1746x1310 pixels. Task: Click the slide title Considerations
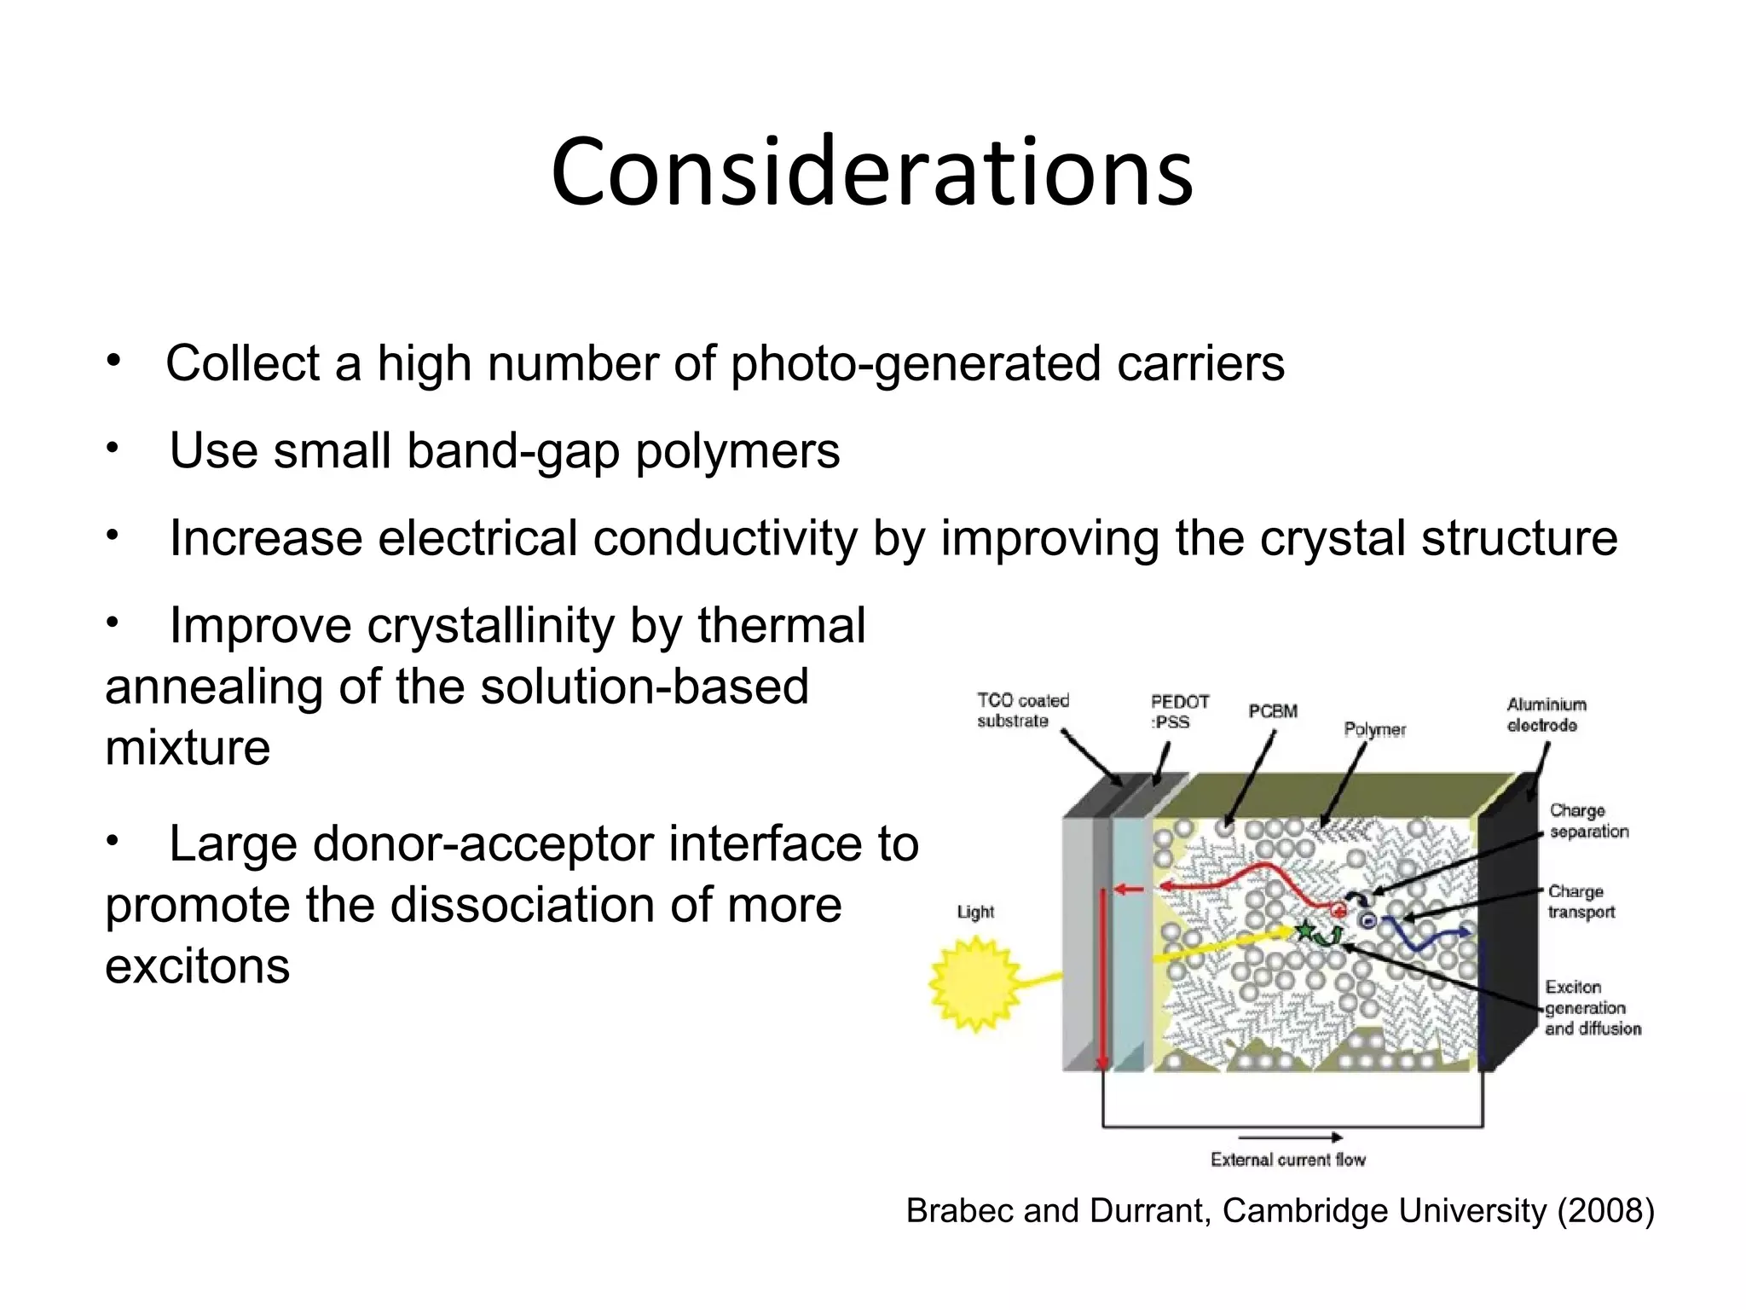coord(871,172)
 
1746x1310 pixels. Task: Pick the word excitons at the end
coord(197,966)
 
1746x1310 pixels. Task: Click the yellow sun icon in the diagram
coord(974,983)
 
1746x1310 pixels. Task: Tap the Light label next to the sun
coord(975,912)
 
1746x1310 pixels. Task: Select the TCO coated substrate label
coord(1021,710)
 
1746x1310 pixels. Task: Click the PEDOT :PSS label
coord(1179,712)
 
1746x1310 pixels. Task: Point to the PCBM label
coord(1272,711)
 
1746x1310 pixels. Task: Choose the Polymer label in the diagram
coord(1374,729)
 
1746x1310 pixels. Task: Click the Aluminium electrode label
coord(1546,715)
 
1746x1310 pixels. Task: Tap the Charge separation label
coord(1587,820)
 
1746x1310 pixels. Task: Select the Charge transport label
coord(1581,901)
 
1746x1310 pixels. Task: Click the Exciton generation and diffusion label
coord(1591,1008)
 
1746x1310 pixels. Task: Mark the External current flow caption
coord(1287,1160)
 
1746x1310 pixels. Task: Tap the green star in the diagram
coord(1304,930)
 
